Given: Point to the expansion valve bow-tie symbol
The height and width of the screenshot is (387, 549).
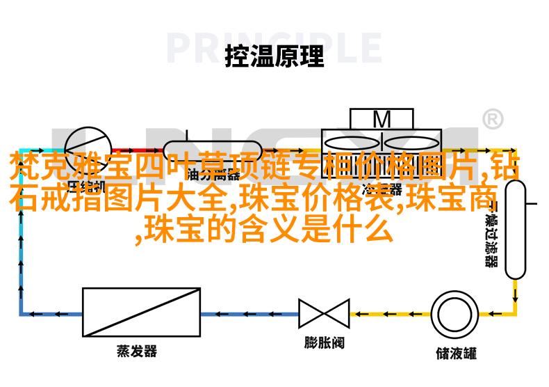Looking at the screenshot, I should coord(324,313).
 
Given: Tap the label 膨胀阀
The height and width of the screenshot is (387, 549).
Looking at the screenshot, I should coord(324,343).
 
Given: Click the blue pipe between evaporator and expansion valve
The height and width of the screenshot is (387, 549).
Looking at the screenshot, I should coord(250,313).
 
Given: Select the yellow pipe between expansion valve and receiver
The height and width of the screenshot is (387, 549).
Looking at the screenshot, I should coord(389,313).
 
